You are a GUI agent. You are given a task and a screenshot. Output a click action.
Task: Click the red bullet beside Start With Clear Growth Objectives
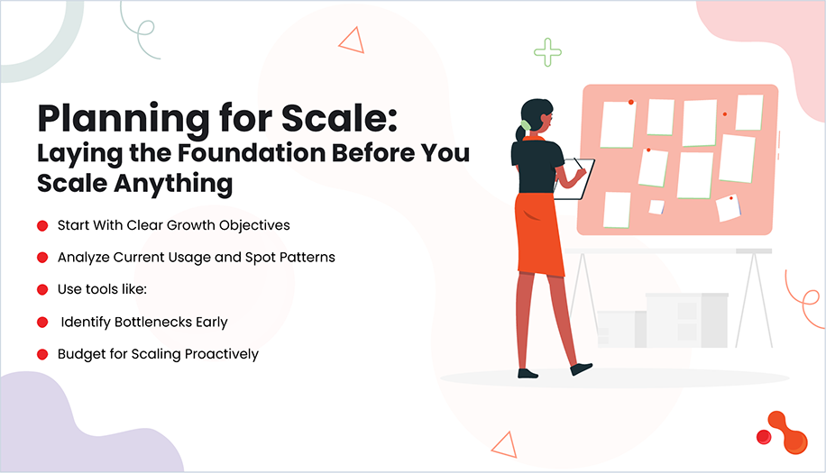click(42, 225)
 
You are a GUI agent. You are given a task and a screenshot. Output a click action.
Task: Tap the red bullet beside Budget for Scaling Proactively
click(42, 354)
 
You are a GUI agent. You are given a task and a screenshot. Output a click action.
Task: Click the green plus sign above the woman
click(547, 52)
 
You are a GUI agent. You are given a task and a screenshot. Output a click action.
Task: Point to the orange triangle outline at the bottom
click(502, 443)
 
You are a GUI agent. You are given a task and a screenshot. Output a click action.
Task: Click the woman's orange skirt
click(538, 233)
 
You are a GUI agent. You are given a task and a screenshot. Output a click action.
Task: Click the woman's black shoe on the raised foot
click(581, 368)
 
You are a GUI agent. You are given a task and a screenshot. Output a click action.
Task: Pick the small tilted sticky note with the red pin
click(728, 207)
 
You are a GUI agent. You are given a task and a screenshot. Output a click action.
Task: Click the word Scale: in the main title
click(337, 120)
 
